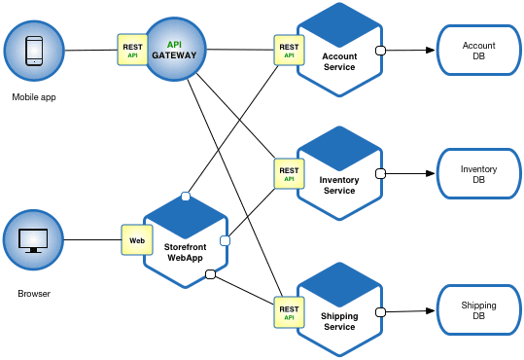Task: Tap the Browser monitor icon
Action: [33, 239]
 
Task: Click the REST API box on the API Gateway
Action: [132, 50]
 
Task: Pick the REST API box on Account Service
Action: [289, 50]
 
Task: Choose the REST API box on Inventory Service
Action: [289, 174]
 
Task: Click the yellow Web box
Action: [136, 239]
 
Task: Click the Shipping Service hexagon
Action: [339, 310]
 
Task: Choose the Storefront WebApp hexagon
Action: [186, 241]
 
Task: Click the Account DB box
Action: [478, 51]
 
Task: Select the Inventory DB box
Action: [478, 174]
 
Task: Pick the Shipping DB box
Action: [478, 311]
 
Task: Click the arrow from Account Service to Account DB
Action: [408, 50]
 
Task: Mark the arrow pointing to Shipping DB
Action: [408, 311]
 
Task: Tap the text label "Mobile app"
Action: [33, 97]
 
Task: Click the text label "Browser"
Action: [33, 293]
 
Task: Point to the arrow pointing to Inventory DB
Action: [408, 174]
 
